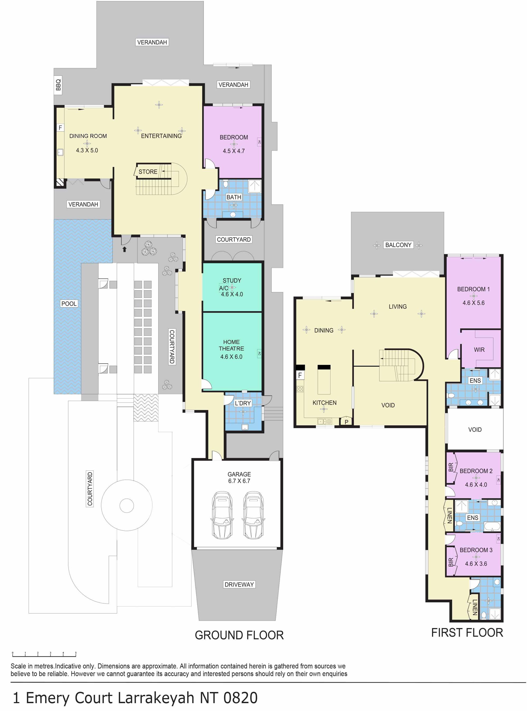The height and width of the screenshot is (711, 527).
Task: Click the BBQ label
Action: (58, 85)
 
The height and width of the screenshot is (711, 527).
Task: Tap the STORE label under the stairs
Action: (148, 171)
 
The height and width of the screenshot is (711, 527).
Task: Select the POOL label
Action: (69, 303)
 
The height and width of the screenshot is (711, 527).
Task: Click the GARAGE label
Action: (239, 474)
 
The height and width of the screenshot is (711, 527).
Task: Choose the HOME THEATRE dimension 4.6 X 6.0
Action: (231, 357)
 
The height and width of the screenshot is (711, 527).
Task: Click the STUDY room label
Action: (232, 281)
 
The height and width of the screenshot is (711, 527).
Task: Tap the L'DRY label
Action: (243, 403)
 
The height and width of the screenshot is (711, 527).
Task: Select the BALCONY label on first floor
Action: (398, 245)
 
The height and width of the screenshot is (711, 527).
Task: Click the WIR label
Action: (479, 350)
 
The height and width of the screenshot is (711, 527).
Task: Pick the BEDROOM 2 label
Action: (476, 471)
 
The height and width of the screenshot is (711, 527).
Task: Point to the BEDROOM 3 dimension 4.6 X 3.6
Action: (476, 564)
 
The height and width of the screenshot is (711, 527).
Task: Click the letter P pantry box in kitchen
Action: (347, 422)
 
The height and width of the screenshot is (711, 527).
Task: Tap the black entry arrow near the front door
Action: (124, 249)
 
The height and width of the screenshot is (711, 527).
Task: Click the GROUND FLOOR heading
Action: (239, 635)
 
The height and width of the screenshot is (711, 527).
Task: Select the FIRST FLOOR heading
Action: (467, 632)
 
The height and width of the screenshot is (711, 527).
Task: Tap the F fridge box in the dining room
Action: (60, 128)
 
